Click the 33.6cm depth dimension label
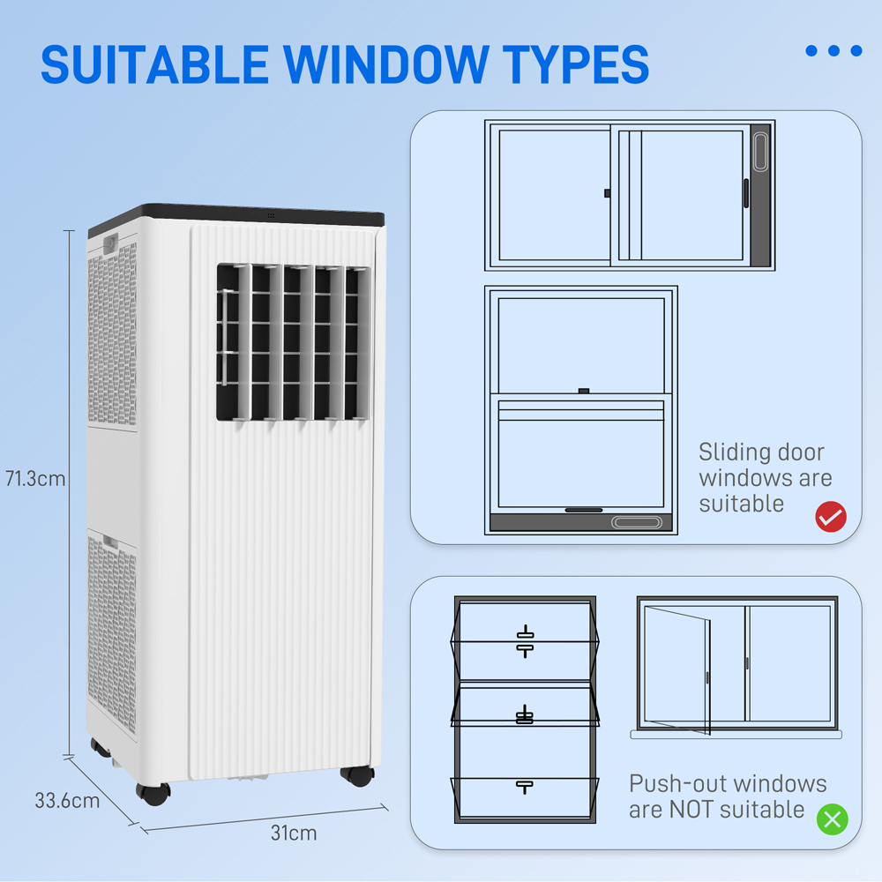click(x=67, y=801)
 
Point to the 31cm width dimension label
click(x=294, y=833)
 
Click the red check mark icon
click(x=830, y=516)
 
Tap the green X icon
click(x=831, y=819)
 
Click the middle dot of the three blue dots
click(x=833, y=50)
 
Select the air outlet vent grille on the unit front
click(x=292, y=342)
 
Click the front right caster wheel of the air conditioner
click(x=357, y=775)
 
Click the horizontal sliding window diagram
click(x=629, y=195)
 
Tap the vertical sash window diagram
click(x=580, y=409)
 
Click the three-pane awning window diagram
click(x=525, y=709)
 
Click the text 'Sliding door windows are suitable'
click(x=764, y=478)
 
